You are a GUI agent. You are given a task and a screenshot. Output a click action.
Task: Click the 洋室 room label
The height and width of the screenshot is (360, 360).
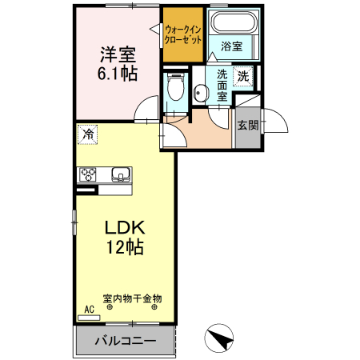[x=117, y=55]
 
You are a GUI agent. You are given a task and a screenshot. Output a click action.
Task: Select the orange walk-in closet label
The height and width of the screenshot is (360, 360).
[x=182, y=37]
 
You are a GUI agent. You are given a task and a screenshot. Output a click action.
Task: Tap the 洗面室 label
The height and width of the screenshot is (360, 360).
[x=222, y=85]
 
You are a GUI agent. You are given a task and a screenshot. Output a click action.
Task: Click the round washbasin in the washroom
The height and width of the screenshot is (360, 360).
[x=200, y=94]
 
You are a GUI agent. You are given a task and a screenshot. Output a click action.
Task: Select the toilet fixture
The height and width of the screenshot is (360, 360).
[x=176, y=87]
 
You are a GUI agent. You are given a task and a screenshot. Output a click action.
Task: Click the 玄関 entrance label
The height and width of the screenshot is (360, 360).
[x=247, y=125]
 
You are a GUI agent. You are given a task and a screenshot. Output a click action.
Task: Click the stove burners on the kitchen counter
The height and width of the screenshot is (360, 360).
[x=87, y=174]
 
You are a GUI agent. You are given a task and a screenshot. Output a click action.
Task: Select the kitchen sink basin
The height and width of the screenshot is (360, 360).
[x=121, y=174]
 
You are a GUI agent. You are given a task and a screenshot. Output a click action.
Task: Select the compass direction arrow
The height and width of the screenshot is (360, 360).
[x=222, y=339]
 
